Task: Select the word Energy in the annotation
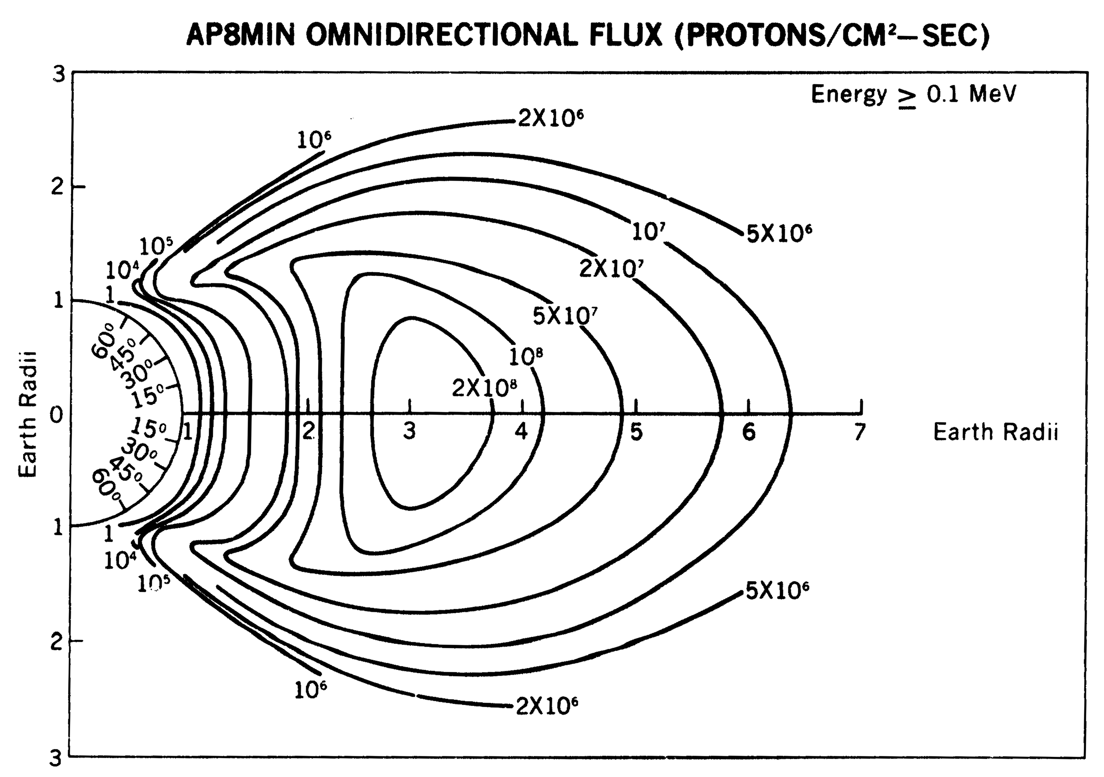coord(849,94)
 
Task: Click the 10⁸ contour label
coord(526,356)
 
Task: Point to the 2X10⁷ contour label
coord(611,268)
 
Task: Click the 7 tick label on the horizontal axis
coord(859,431)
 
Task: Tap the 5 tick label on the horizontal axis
coord(636,432)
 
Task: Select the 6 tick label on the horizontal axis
coord(749,432)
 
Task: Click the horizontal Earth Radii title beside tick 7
coord(996,431)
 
